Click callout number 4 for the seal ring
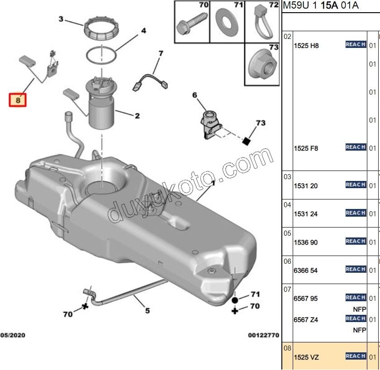point(143,31)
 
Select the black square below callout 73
point(246,141)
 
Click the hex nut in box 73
point(264,67)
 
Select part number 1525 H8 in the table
point(306,46)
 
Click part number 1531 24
point(306,214)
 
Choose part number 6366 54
point(306,270)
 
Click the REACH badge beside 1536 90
point(356,241)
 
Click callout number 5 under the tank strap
point(147,310)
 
